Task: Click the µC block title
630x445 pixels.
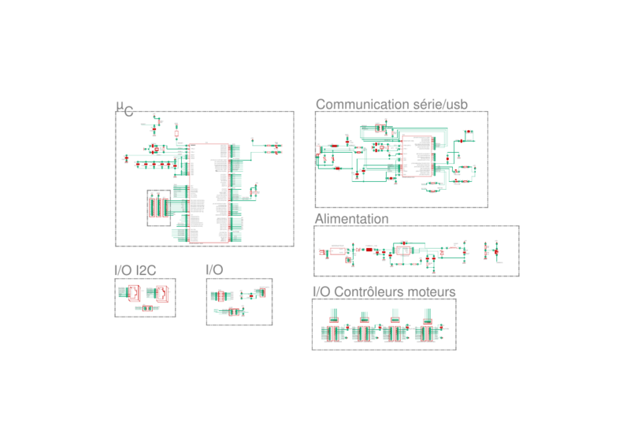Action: point(125,108)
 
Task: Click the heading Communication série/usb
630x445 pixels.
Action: point(391,104)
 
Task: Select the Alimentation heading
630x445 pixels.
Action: point(351,218)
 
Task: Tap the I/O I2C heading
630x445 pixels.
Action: point(135,270)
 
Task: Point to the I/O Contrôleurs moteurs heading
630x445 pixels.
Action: point(384,292)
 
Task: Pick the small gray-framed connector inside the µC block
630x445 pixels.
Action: point(158,207)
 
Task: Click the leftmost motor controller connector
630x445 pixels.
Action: point(334,332)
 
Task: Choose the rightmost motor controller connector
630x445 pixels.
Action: point(426,332)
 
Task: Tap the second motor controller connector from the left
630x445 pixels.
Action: point(364,332)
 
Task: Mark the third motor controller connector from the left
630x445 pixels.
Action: point(395,332)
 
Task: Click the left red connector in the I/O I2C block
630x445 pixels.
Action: point(134,293)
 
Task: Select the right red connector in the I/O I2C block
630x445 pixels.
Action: point(161,293)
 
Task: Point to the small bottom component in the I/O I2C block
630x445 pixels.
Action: point(145,308)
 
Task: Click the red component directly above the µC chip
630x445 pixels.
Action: point(176,132)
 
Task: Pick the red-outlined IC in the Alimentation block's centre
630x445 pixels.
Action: point(404,250)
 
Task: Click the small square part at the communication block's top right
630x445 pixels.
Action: point(469,135)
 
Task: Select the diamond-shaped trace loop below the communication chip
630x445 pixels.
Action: point(432,186)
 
